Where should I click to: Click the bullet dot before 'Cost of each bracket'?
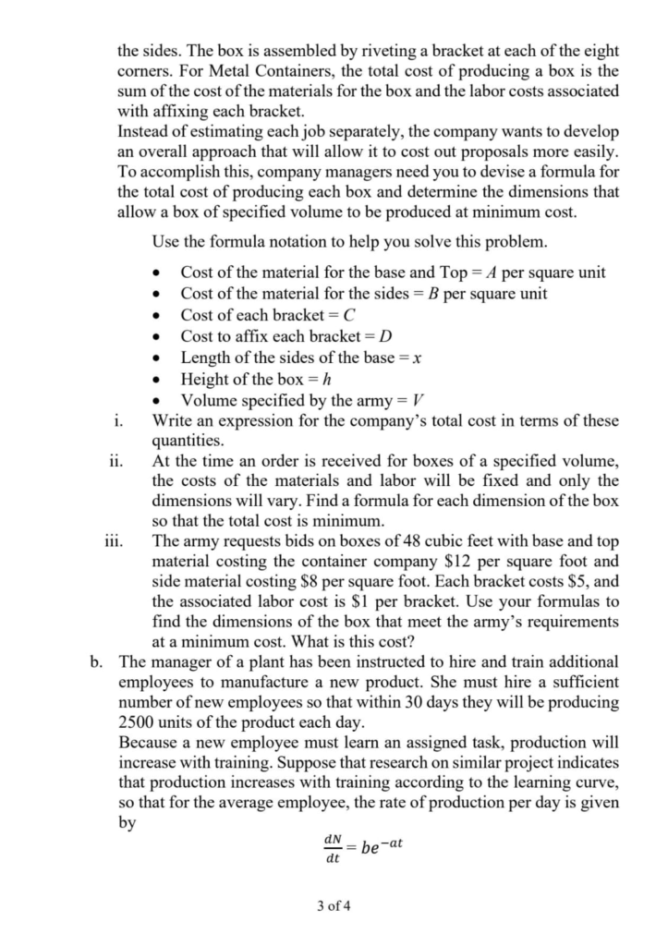point(163,316)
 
